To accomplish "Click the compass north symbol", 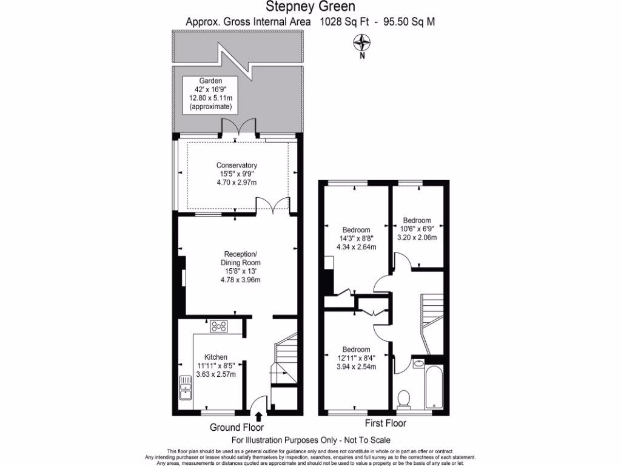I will tap(362, 43).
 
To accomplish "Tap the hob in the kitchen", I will tap(218, 326).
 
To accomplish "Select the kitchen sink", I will tap(186, 387).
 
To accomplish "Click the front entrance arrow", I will tap(260, 416).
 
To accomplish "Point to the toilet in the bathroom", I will tap(404, 398).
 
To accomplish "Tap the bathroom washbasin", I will tap(419, 364).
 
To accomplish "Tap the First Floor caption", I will tap(385, 423).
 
